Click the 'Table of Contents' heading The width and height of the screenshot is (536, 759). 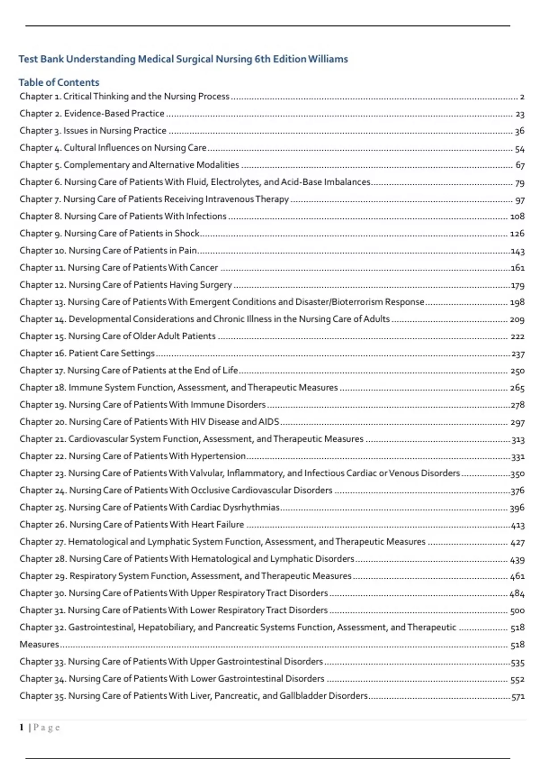point(59,82)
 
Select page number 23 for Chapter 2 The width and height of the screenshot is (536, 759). point(519,114)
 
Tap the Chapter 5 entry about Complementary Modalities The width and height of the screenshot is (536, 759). point(129,165)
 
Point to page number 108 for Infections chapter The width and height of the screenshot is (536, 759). point(517,217)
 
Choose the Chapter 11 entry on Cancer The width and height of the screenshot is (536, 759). point(118,267)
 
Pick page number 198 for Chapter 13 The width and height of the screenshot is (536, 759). point(517,302)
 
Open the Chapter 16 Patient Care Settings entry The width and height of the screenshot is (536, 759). point(87,353)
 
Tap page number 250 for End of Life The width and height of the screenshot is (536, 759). point(517,371)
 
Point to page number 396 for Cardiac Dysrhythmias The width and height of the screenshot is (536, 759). point(517,508)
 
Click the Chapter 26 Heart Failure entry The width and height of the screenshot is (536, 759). point(132,524)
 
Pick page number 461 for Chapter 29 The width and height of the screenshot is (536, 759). point(517,576)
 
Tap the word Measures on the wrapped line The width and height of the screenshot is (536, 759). point(39,644)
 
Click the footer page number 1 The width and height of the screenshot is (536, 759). point(21,727)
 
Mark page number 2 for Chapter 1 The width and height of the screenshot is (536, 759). point(522,97)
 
